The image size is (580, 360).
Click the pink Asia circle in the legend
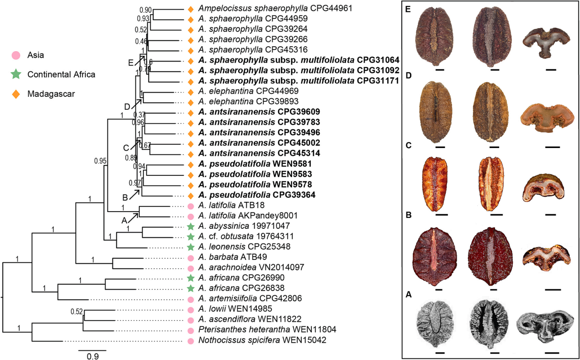click(16, 56)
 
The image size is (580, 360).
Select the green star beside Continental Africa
click(16, 74)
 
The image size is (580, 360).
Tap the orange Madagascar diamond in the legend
click(16, 94)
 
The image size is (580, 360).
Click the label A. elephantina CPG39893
click(238, 102)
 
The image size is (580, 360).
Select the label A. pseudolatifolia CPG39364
click(257, 195)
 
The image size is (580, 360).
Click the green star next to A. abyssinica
click(191, 226)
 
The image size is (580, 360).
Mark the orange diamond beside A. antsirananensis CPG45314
click(191, 153)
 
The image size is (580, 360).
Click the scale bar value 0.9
click(92, 356)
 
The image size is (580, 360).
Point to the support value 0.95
click(100, 161)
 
